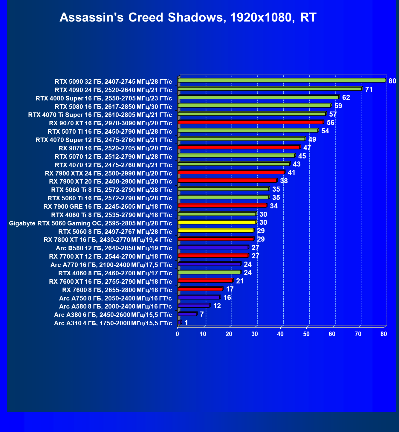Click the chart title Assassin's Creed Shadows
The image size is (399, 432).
188,17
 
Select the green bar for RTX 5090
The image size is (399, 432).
282,81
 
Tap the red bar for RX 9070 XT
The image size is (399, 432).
250,122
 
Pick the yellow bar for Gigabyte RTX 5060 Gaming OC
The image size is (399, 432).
217,222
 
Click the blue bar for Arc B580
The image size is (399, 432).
213,248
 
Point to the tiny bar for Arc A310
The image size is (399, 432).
180,322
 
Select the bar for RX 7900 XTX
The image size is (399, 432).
231,173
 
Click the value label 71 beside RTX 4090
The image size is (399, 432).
369,89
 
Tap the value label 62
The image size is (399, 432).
346,98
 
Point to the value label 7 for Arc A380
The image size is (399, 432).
202,314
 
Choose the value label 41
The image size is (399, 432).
291,173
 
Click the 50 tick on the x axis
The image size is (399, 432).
306,334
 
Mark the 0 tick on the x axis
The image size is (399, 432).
178,334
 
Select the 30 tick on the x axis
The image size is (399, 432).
255,334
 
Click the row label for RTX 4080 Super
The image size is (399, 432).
104,98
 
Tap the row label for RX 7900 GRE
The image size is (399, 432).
108,207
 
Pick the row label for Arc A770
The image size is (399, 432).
111,265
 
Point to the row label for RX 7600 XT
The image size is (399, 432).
111,282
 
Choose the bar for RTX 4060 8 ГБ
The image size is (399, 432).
209,272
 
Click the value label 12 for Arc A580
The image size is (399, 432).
217,306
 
